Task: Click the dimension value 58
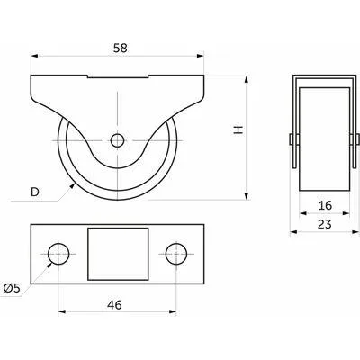click(121, 48)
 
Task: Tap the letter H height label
click(238, 130)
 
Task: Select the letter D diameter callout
click(35, 192)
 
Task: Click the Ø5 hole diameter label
click(12, 288)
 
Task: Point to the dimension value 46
click(115, 305)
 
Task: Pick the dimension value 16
click(325, 205)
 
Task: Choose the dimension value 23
click(325, 224)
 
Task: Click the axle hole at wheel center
click(117, 140)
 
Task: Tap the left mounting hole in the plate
click(58, 254)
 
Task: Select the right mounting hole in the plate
click(176, 254)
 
